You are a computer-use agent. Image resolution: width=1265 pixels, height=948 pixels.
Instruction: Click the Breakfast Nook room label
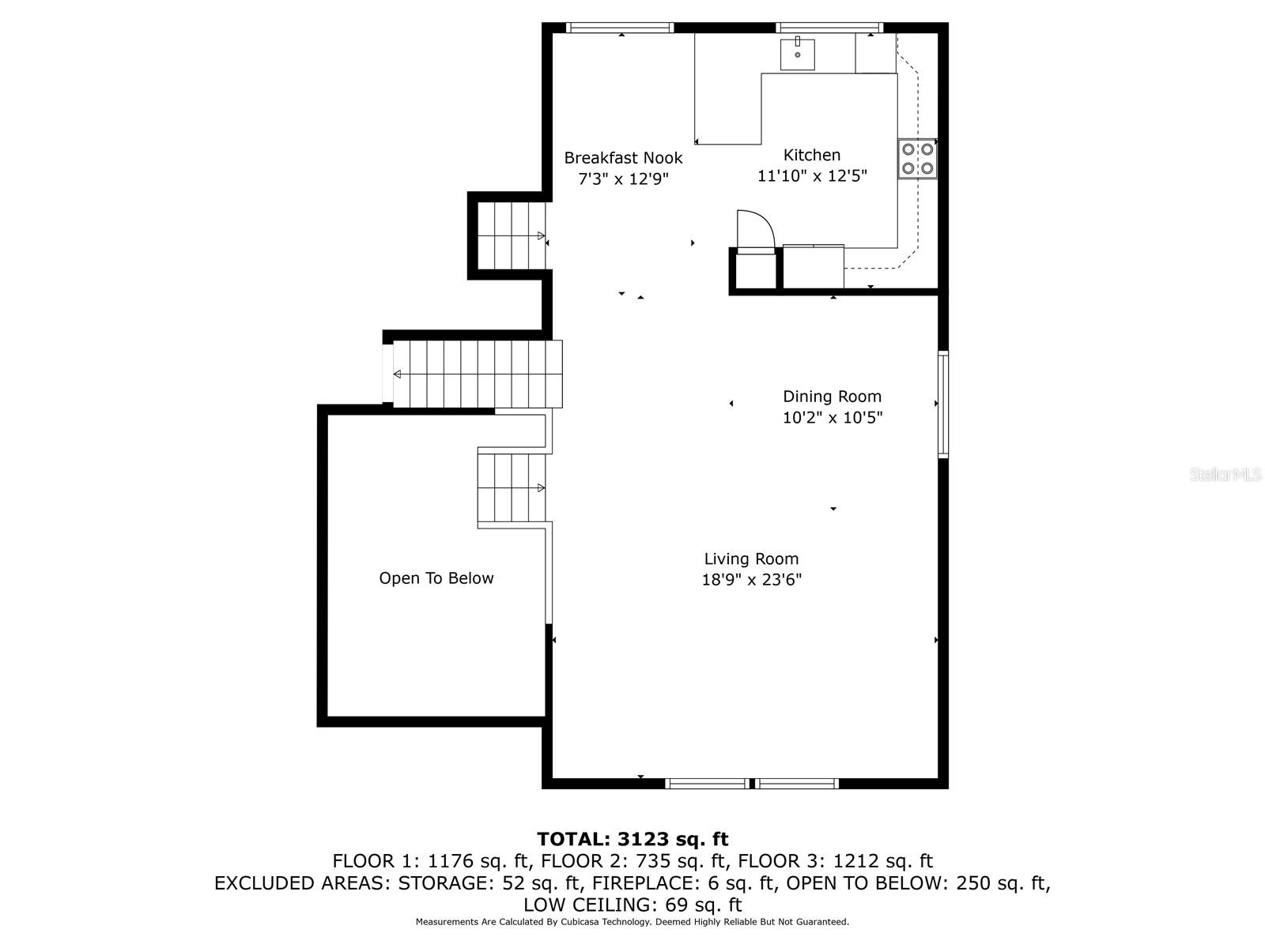[623, 158]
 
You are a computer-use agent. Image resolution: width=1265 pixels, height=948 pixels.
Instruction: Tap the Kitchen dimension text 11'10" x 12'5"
[811, 175]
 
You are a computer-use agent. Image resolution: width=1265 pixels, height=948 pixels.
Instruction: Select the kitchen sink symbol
[797, 54]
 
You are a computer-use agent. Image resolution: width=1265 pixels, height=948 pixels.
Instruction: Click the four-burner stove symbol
[917, 159]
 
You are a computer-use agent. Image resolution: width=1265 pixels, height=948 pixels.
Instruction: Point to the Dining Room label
[832, 397]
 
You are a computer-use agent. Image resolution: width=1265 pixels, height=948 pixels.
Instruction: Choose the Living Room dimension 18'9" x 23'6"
[751, 580]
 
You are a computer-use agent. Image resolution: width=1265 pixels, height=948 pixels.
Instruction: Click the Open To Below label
[436, 578]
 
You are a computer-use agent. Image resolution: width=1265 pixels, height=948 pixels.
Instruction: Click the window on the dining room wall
[943, 404]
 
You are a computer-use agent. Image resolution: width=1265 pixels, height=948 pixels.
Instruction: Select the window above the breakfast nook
[620, 28]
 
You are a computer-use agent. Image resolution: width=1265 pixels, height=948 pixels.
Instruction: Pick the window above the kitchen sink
[829, 28]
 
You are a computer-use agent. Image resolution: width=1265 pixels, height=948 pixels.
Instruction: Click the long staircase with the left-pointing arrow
[478, 374]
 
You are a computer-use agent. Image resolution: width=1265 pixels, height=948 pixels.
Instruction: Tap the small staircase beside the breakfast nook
[512, 235]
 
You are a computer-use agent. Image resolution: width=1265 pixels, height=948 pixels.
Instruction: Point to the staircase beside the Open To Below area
[512, 488]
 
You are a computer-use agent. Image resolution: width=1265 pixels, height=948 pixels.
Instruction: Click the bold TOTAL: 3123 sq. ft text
[632, 839]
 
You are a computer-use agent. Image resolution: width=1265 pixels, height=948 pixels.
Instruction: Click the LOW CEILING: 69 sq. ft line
[632, 905]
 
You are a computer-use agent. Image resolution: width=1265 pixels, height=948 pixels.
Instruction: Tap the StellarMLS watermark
[1225, 474]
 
